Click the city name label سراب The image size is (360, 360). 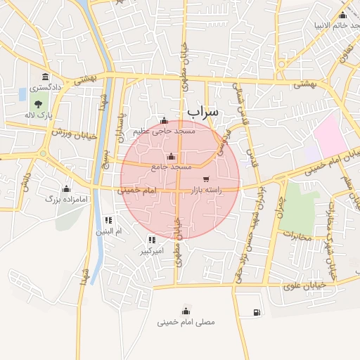[204, 112]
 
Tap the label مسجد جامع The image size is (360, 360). [172, 167]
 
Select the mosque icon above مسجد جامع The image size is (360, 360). [172, 157]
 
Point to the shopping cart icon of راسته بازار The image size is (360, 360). [205, 179]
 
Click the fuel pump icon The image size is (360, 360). [254, 312]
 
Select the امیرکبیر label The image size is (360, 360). [152, 250]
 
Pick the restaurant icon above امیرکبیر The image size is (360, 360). [152, 240]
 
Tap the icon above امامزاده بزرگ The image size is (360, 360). [66, 188]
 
